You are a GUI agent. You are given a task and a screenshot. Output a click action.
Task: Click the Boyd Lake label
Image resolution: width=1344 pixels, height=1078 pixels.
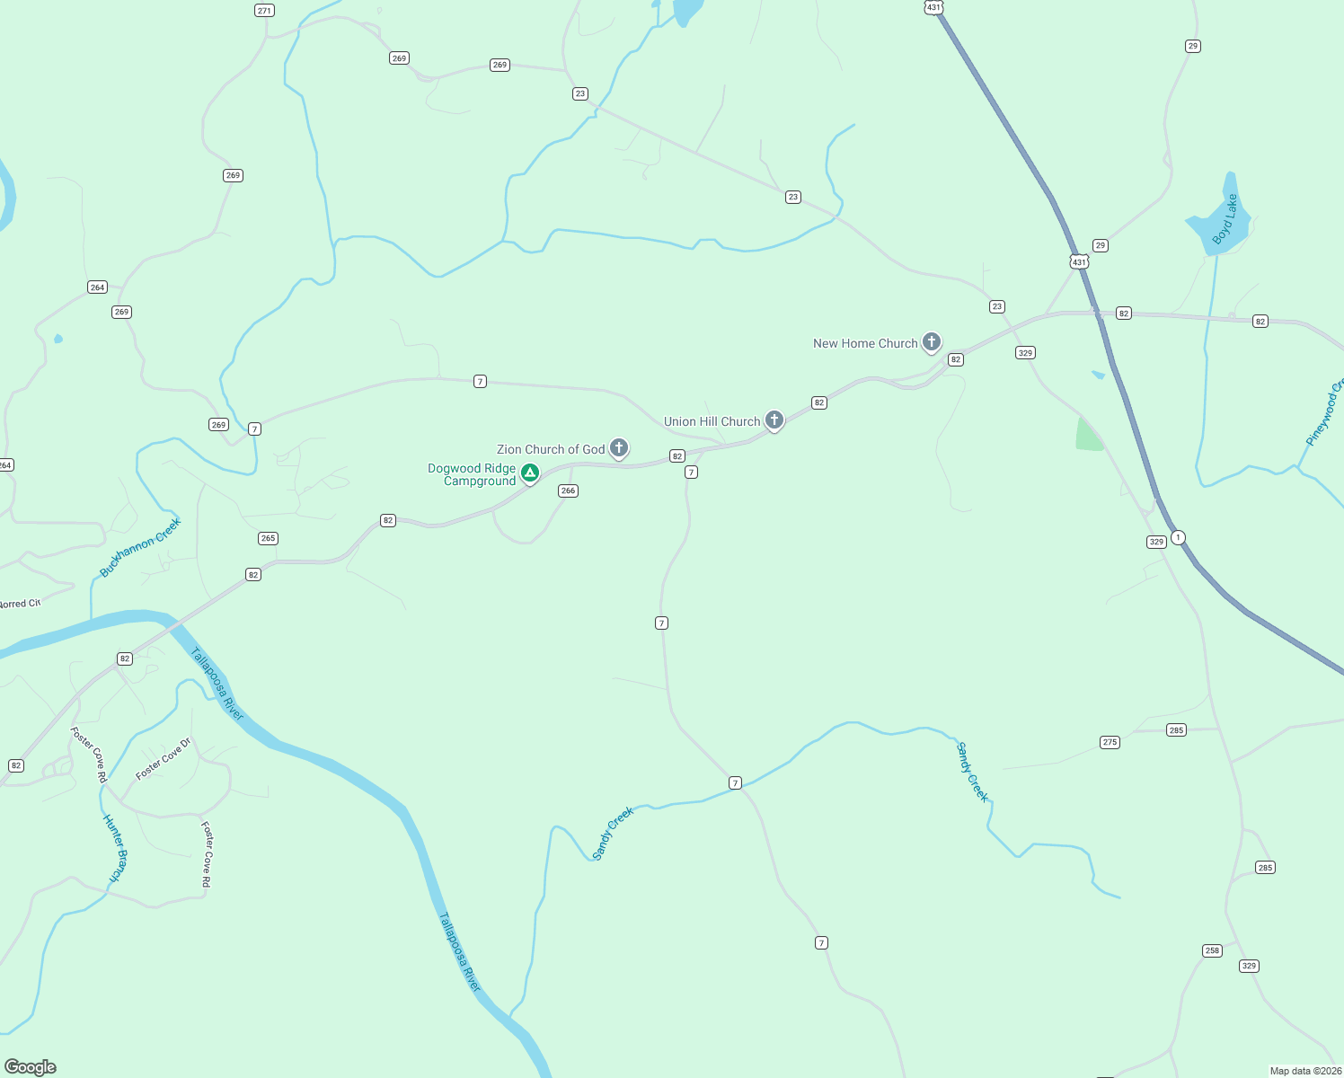click(x=1225, y=220)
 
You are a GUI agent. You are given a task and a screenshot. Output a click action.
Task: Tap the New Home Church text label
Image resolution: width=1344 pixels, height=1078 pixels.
click(x=865, y=343)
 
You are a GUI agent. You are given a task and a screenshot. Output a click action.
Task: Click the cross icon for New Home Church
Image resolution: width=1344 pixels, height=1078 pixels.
click(x=932, y=341)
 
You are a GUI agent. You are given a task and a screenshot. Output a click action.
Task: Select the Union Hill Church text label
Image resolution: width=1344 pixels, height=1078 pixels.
click(x=712, y=421)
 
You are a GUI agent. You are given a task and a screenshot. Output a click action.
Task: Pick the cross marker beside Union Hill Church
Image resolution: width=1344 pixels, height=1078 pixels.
click(x=774, y=420)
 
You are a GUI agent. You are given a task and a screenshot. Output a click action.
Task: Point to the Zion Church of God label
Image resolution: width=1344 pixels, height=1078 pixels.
click(x=551, y=449)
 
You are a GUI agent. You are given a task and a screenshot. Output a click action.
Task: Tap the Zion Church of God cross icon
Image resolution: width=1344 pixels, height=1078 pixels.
click(x=618, y=447)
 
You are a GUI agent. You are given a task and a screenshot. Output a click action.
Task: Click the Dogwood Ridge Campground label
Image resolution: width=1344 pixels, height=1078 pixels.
click(x=472, y=474)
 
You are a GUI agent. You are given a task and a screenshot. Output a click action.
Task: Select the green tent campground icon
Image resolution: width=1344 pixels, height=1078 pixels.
click(x=530, y=473)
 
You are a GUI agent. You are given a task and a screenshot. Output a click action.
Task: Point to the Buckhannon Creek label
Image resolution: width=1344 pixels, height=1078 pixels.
click(x=140, y=547)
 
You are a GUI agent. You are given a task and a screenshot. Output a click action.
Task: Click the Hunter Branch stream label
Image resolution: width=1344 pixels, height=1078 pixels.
click(x=116, y=847)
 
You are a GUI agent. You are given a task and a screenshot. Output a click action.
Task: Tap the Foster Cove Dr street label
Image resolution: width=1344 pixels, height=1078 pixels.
click(x=164, y=759)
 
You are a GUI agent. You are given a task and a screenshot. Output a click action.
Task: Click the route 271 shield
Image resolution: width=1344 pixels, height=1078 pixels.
click(x=264, y=11)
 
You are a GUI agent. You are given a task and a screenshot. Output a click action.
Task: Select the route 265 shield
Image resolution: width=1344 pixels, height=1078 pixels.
click(x=268, y=538)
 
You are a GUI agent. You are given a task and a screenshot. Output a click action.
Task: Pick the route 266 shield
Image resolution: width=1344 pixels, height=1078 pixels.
click(x=568, y=490)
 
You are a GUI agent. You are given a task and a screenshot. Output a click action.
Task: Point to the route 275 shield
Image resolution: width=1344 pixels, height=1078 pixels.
click(x=1110, y=742)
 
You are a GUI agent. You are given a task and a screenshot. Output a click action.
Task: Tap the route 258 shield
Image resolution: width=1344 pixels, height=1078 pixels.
click(x=1212, y=950)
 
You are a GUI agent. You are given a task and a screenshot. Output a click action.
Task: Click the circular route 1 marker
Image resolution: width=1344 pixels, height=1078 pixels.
click(x=1178, y=537)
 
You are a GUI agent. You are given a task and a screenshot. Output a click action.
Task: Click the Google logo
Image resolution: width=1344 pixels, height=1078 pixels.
click(x=31, y=1067)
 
